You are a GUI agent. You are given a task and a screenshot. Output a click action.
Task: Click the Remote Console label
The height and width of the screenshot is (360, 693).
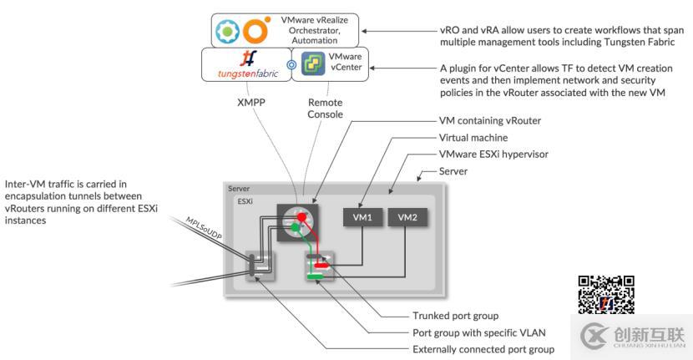pos(324,108)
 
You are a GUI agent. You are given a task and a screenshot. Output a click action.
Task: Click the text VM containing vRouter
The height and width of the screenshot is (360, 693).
pos(490,121)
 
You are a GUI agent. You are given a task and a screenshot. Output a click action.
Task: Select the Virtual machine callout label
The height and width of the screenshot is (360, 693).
pos(473,138)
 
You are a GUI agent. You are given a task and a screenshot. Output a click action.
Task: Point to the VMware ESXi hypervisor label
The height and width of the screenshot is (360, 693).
pos(493,155)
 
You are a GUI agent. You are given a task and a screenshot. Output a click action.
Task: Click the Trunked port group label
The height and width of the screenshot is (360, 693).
pos(456,316)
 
